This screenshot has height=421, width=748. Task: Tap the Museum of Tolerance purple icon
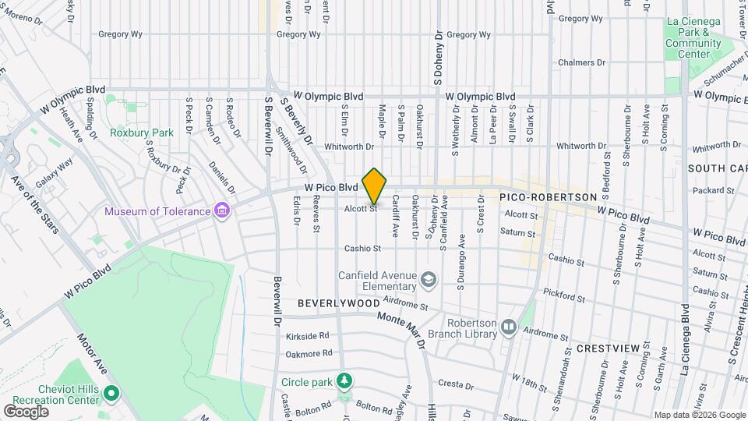point(222,210)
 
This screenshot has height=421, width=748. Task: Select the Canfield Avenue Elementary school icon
point(429,279)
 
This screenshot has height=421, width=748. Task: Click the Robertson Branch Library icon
point(509,327)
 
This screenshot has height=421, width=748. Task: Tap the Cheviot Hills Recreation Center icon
point(111,394)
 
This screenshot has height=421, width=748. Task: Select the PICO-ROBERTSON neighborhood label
point(548,198)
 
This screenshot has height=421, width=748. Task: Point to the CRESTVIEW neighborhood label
point(608,348)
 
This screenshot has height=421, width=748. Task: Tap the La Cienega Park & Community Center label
point(693,38)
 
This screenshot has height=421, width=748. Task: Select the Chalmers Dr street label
point(581,62)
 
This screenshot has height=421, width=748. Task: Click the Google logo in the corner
point(26,411)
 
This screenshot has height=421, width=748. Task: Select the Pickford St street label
point(565,297)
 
